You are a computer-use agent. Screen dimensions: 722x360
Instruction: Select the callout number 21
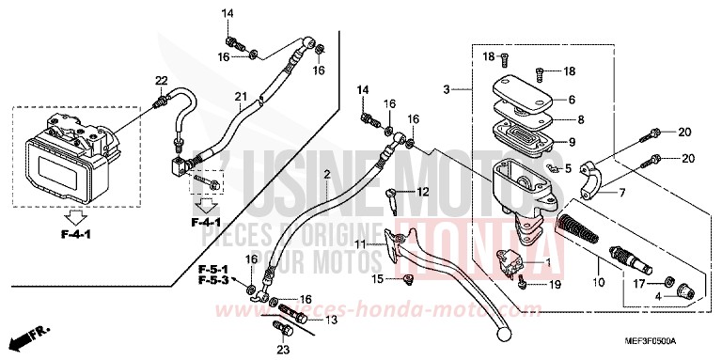241,98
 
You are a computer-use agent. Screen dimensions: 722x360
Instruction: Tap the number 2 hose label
326,176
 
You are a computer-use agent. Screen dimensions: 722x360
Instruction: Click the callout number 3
447,89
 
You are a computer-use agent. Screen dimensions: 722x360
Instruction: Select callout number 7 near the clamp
621,193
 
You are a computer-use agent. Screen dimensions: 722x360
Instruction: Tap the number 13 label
330,321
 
